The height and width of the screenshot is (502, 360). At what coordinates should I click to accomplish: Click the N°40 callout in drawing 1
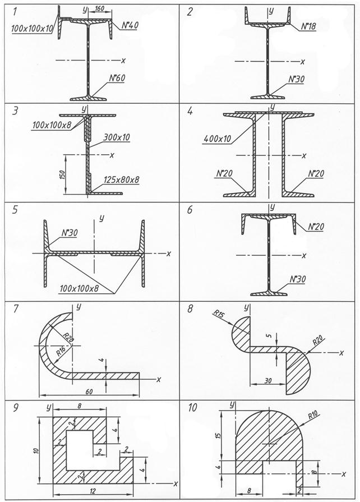[x=130, y=25]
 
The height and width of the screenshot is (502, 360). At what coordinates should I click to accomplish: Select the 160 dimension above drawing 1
[x=99, y=8]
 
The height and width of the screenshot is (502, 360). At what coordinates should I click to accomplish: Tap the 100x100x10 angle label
[x=31, y=29]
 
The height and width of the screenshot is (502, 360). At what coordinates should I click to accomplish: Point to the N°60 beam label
[x=117, y=79]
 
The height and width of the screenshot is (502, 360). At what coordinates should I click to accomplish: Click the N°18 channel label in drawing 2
[x=308, y=26]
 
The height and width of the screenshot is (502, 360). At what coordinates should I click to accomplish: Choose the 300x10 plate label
[x=117, y=137]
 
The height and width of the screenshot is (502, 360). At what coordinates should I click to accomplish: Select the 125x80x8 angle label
[x=122, y=179]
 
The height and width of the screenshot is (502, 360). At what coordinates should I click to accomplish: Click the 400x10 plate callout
[x=217, y=139]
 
